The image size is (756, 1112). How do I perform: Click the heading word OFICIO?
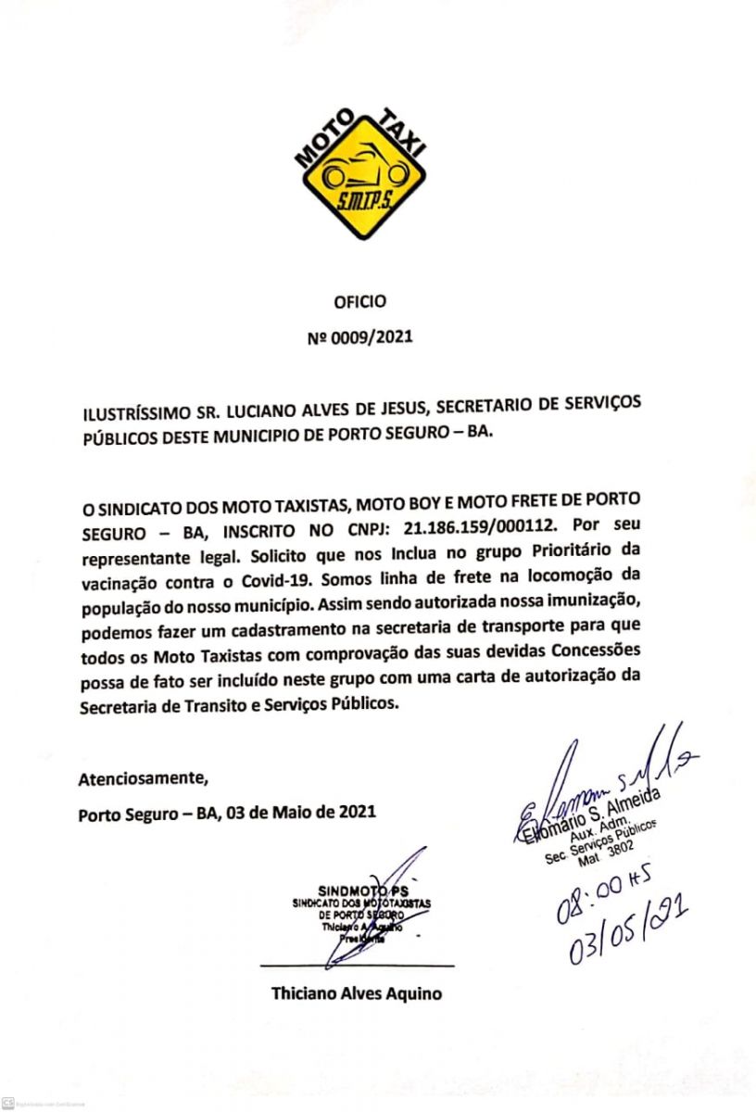point(359,301)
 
